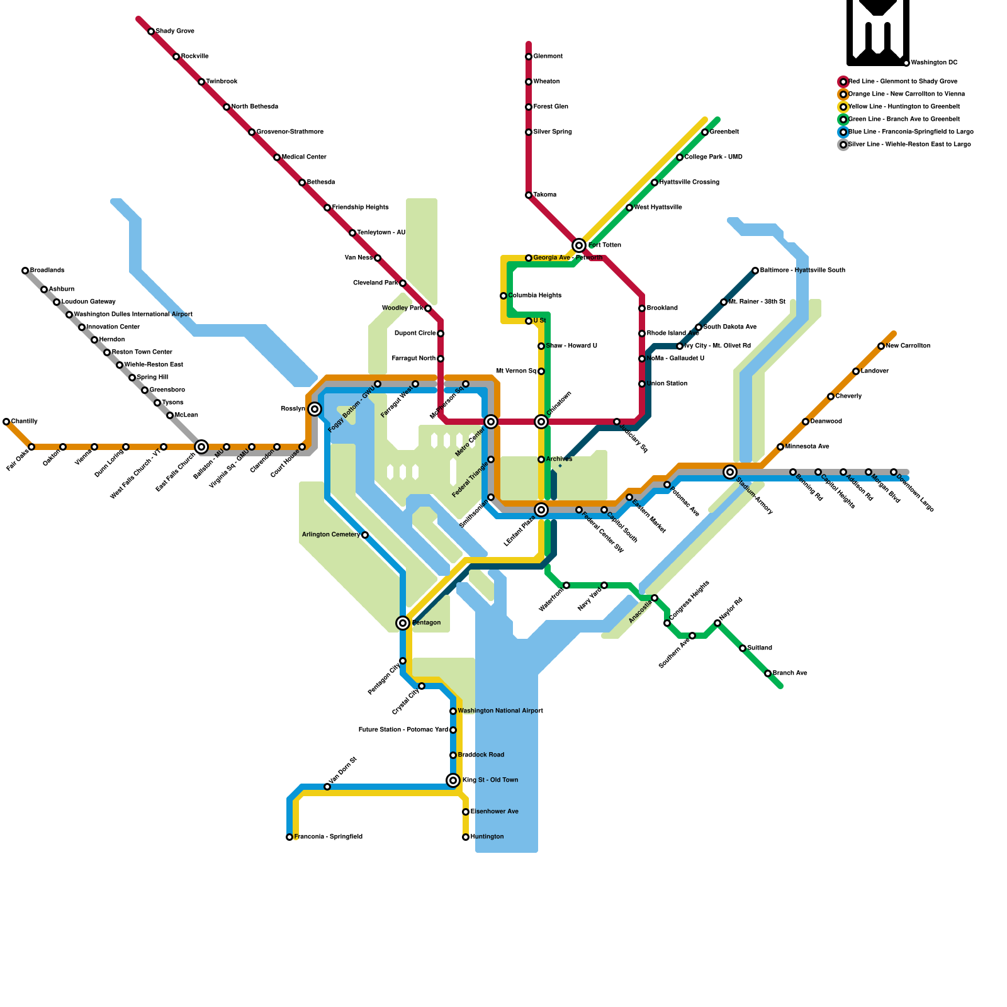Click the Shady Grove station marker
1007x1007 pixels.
tap(151, 31)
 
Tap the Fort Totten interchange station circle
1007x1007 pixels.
tap(579, 245)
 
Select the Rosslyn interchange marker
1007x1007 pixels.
tap(315, 409)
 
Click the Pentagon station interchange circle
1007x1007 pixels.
tap(403, 623)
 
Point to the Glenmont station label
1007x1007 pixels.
tap(548, 57)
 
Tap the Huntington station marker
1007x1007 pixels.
tap(466, 837)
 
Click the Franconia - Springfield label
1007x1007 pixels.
tap(328, 837)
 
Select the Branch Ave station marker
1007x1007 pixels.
tap(768, 673)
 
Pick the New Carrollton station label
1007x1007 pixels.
tap(908, 346)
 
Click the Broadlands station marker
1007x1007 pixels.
tap(25, 271)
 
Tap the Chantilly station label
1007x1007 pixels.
tap(25, 422)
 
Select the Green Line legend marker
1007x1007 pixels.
tap(843, 120)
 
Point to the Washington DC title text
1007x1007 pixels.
tap(934, 63)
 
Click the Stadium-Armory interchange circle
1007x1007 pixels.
tap(730, 472)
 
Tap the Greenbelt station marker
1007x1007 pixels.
tap(705, 132)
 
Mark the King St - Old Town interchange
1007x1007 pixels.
tap(453, 780)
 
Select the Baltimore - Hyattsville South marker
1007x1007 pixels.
tap(755, 271)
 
